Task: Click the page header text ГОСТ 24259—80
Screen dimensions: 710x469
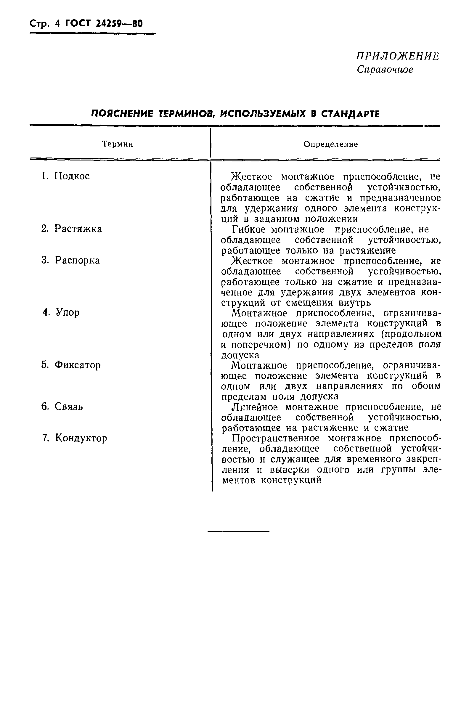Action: (x=104, y=24)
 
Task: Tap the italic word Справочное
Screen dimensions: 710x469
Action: (x=385, y=70)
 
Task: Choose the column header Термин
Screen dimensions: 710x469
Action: (x=118, y=144)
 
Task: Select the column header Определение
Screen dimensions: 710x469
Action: (x=331, y=144)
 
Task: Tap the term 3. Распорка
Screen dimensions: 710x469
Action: (x=70, y=260)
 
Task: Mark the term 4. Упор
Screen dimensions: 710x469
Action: (x=61, y=313)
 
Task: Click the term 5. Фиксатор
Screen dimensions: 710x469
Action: (x=71, y=365)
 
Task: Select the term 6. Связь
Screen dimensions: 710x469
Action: (x=62, y=407)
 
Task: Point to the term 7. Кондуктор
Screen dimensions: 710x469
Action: (x=74, y=438)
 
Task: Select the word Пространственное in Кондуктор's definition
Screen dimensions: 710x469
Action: (x=277, y=438)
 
